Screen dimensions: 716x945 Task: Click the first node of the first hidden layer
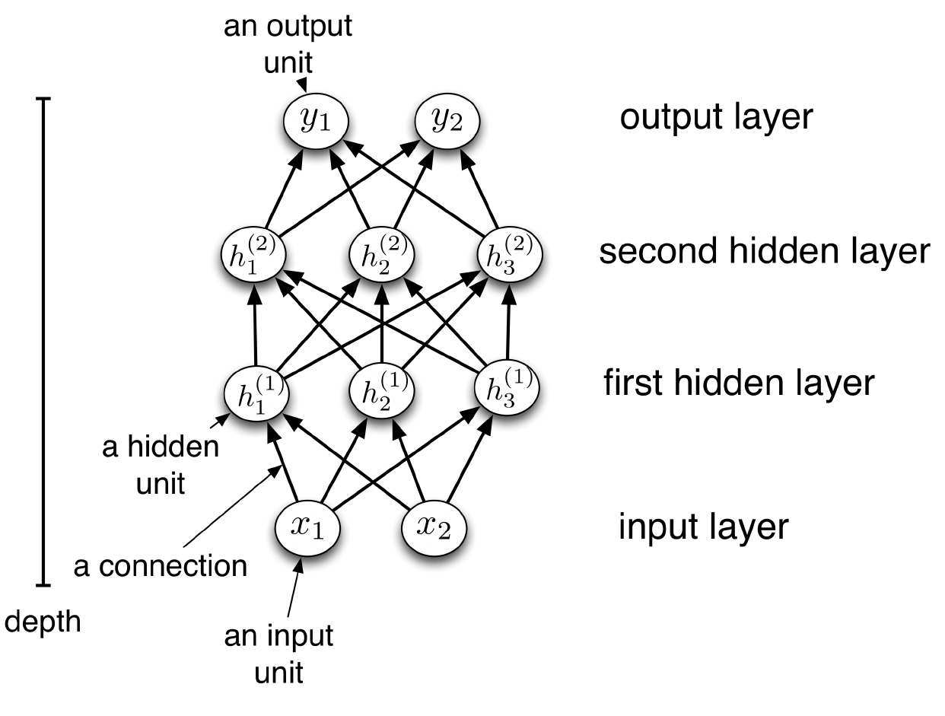[255, 391]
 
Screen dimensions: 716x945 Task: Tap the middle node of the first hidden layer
[380, 391]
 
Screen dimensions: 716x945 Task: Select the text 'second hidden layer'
[764, 250]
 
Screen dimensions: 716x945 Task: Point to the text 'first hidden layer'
[739, 383]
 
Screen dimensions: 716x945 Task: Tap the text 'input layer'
[703, 527]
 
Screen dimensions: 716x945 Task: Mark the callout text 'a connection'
[161, 567]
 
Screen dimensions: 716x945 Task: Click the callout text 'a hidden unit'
[161, 464]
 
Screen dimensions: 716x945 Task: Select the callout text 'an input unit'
[278, 654]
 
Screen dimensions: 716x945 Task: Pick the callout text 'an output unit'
[288, 43]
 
